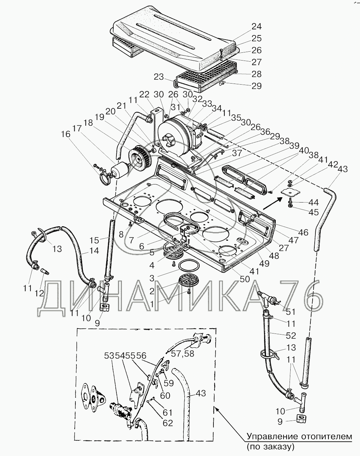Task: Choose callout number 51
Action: tap(291, 312)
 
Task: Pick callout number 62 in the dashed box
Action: tap(167, 423)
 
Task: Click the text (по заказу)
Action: tap(271, 446)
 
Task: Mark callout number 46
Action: tap(303, 233)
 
